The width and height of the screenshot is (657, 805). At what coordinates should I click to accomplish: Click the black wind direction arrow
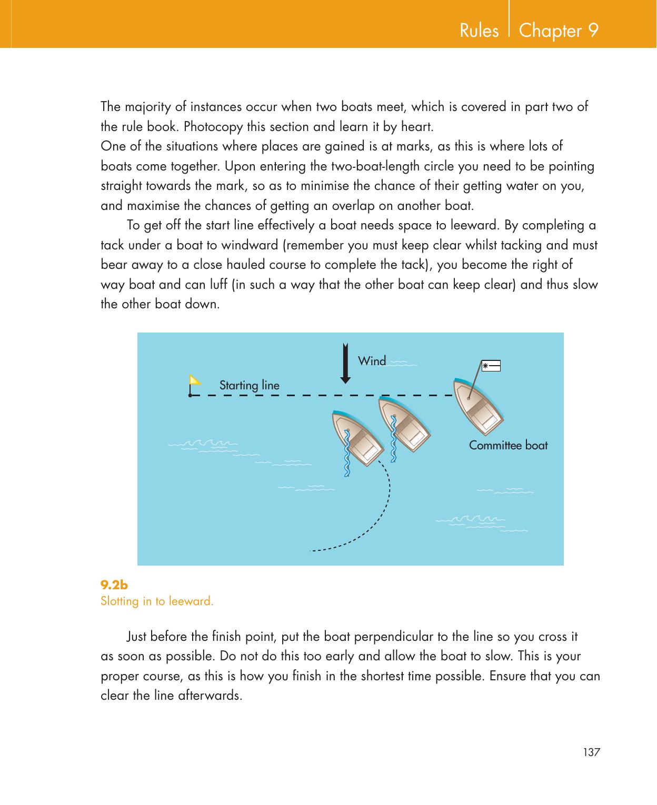click(345, 363)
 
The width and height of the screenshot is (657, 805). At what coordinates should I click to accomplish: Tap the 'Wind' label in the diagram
click(372, 361)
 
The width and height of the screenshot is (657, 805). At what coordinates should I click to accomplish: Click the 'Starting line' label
click(249, 385)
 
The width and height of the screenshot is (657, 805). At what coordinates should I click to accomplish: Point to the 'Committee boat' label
click(508, 446)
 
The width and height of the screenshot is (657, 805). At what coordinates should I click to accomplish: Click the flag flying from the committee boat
click(491, 365)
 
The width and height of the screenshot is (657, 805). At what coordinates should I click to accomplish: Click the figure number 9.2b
click(114, 585)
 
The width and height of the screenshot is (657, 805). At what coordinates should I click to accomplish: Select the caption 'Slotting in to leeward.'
click(157, 601)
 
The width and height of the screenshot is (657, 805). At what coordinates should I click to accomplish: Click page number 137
click(591, 752)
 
